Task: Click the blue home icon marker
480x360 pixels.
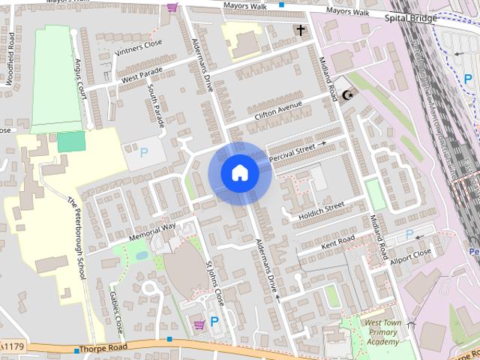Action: click(239, 173)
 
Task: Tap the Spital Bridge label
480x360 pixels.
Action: click(410, 17)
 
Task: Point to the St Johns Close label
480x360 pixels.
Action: click(215, 283)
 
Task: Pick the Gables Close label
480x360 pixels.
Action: click(116, 312)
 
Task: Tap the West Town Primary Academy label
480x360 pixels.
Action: click(382, 332)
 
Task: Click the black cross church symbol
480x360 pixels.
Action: click(301, 31)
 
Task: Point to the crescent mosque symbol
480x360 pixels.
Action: click(346, 95)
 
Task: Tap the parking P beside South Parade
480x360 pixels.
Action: click(144, 151)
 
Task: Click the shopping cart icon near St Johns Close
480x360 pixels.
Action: click(199, 324)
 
